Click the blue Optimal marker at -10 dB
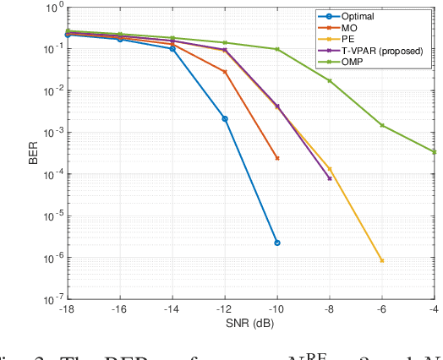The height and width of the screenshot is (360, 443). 276,243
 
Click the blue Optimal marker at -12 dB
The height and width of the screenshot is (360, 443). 225,118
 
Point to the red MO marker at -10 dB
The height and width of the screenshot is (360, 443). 276,158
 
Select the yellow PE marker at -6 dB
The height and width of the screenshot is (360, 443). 382,260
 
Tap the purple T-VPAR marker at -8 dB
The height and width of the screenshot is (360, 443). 330,178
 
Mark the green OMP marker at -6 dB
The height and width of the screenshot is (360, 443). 382,125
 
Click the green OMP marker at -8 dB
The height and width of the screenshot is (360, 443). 330,80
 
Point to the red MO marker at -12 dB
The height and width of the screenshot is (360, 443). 225,72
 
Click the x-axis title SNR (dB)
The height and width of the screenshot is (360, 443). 250,324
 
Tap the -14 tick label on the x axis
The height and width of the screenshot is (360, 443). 172,309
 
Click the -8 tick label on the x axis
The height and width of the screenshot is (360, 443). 330,309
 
